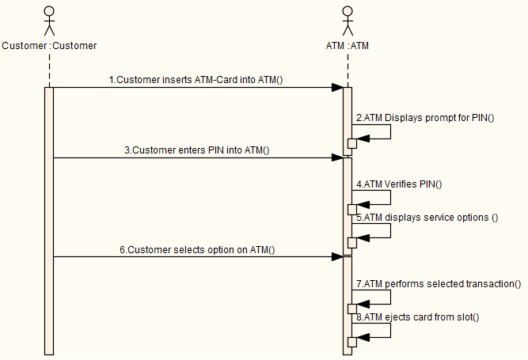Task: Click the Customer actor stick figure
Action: coord(49,21)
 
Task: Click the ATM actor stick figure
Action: coord(347,21)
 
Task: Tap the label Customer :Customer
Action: coord(49,46)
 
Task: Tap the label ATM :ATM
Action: coord(347,46)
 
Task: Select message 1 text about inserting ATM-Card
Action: coord(196,80)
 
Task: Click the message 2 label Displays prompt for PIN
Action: coord(424,118)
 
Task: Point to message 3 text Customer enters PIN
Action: coord(196,150)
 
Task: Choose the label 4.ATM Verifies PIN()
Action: coord(399,184)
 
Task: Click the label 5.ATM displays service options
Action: coord(427,218)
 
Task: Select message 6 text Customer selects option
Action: coord(197,249)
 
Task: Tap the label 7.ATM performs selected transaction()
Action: coord(438,283)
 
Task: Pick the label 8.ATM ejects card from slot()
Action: coord(418,316)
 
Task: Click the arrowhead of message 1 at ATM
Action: coord(338,87)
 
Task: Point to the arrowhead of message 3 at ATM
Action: coord(338,157)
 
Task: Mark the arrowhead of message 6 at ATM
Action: coord(338,256)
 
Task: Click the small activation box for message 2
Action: coord(352,143)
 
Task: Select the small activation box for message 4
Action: coord(352,210)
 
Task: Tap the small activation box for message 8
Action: coord(352,340)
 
